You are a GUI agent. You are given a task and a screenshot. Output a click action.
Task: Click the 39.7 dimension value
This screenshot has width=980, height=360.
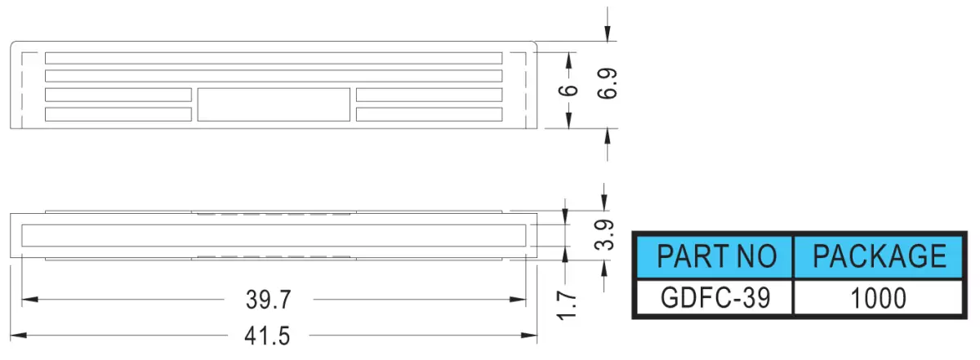(268, 300)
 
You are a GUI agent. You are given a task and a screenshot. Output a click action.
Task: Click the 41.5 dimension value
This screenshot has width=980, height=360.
(267, 336)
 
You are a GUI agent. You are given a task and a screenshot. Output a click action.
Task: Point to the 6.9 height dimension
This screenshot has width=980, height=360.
(608, 83)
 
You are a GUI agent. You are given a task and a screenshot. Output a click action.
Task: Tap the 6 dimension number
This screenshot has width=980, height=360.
(568, 91)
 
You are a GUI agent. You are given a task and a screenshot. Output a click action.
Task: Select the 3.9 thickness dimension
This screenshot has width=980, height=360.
(604, 234)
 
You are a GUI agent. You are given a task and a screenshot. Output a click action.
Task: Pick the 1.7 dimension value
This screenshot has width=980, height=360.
(567, 305)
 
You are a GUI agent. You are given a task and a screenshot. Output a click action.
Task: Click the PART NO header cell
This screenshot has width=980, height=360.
(715, 257)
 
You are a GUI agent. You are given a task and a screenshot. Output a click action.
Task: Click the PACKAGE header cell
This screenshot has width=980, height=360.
(878, 257)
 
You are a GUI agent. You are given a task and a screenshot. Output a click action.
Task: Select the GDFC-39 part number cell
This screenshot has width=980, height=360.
(715, 297)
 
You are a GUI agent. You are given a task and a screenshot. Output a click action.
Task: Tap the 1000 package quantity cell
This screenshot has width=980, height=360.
(878, 298)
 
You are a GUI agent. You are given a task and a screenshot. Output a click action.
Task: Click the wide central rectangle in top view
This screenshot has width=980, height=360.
(274, 104)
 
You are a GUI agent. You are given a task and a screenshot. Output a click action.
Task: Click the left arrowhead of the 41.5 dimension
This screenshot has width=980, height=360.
(18, 336)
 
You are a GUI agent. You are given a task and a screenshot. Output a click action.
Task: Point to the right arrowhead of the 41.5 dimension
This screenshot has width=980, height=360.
(529, 336)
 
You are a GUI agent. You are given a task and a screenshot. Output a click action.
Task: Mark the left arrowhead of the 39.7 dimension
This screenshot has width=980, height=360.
(29, 300)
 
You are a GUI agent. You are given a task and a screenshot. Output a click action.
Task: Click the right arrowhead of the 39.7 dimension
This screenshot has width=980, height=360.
(518, 300)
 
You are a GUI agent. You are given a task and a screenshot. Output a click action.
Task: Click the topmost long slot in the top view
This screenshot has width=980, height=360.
(274, 58)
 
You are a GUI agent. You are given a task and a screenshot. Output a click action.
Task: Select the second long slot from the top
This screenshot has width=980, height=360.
(274, 76)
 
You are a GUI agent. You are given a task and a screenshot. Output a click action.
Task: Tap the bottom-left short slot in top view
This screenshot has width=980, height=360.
(118, 114)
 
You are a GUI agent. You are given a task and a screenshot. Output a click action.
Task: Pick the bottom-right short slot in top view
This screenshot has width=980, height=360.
(430, 114)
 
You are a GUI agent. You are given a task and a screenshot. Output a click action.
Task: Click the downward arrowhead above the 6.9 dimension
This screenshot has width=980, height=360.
(608, 33)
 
